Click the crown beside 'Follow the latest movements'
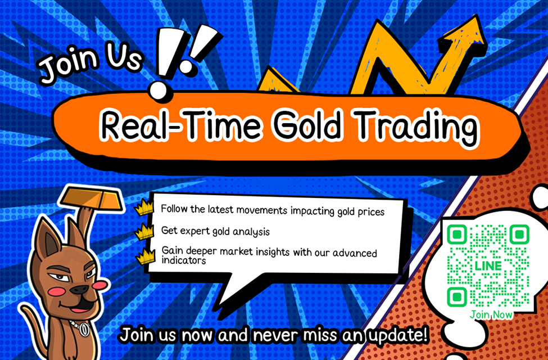click(x=144, y=208)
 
